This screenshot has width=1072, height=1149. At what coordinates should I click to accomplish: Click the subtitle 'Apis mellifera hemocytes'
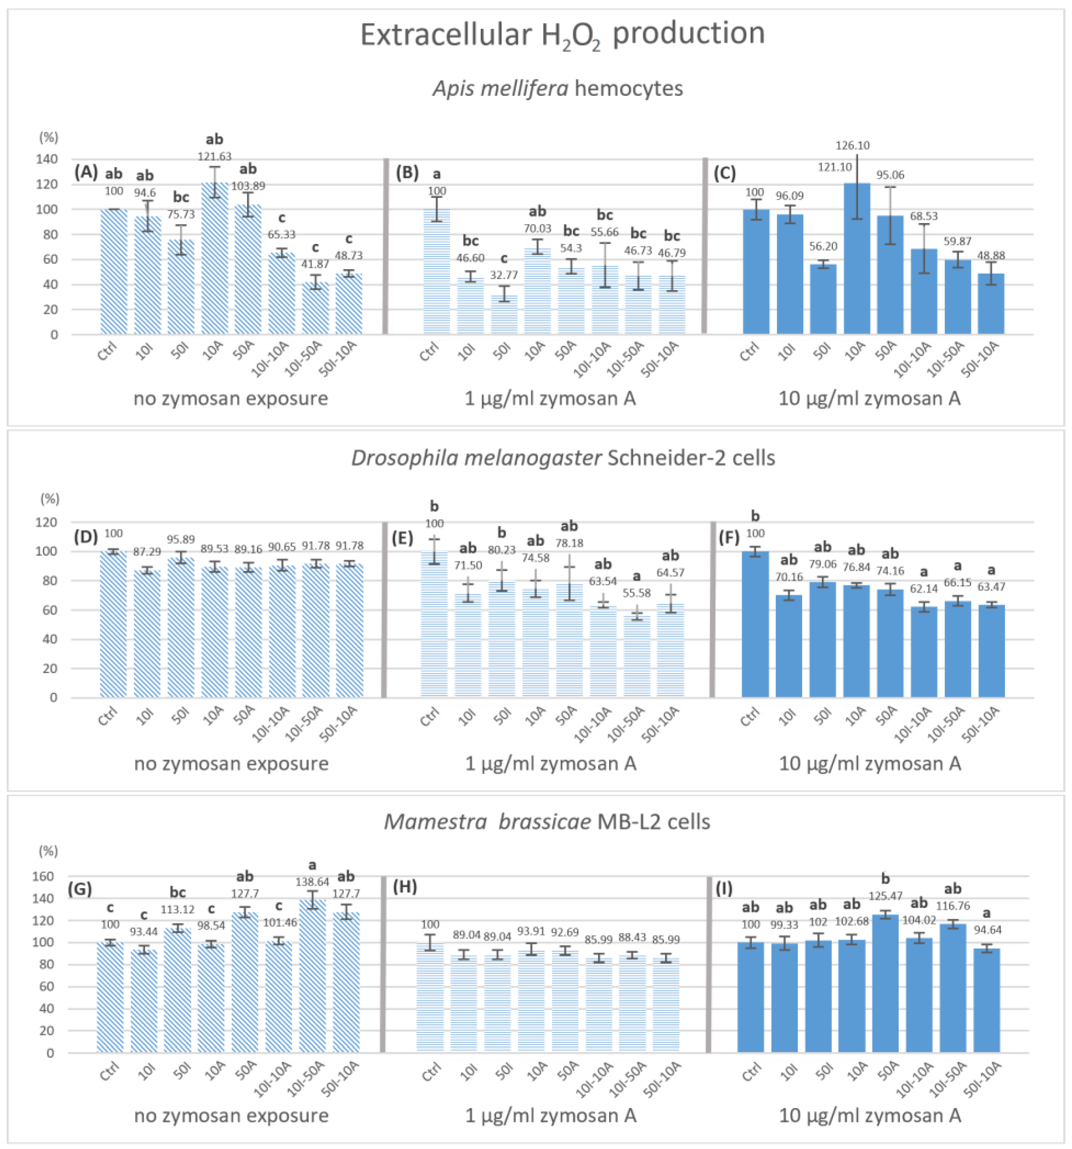[557, 88]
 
